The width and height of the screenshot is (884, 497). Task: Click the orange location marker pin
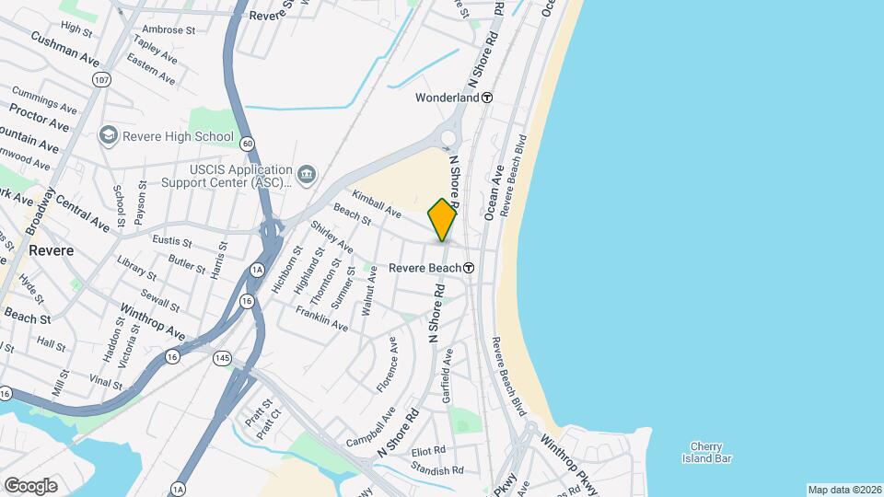tap(443, 219)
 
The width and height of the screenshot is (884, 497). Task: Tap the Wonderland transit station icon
tap(487, 98)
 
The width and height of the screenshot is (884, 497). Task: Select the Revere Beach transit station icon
tap(469, 268)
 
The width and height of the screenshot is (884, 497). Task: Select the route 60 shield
tap(247, 143)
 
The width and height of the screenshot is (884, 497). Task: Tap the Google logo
tap(30, 485)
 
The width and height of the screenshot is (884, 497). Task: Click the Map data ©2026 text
tap(844, 490)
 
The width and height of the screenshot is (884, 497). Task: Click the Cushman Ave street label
tap(64, 49)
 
